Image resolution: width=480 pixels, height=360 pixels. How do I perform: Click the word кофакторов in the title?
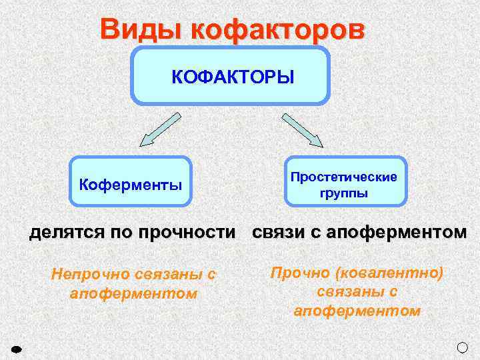[277, 30]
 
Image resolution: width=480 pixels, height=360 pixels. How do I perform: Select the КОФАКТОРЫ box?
[231, 76]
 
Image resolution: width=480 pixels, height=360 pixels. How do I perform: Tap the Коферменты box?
[131, 182]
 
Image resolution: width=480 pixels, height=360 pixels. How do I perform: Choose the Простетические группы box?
[345, 181]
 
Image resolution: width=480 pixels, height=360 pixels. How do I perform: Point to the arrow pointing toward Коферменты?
[159, 129]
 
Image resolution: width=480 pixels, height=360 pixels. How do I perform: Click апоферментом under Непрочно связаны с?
[133, 293]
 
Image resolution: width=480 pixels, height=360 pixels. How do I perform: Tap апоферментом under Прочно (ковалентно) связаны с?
[357, 311]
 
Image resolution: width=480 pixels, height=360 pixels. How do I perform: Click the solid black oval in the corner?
[17, 349]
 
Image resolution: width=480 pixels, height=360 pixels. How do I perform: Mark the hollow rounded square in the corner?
[463, 347]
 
